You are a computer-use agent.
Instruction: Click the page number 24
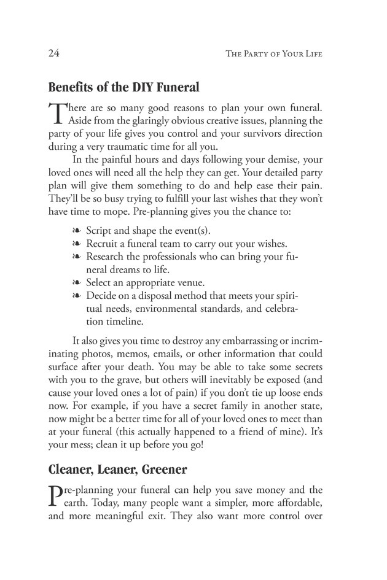pos(54,53)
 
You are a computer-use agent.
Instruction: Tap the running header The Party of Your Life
pos(274,54)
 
